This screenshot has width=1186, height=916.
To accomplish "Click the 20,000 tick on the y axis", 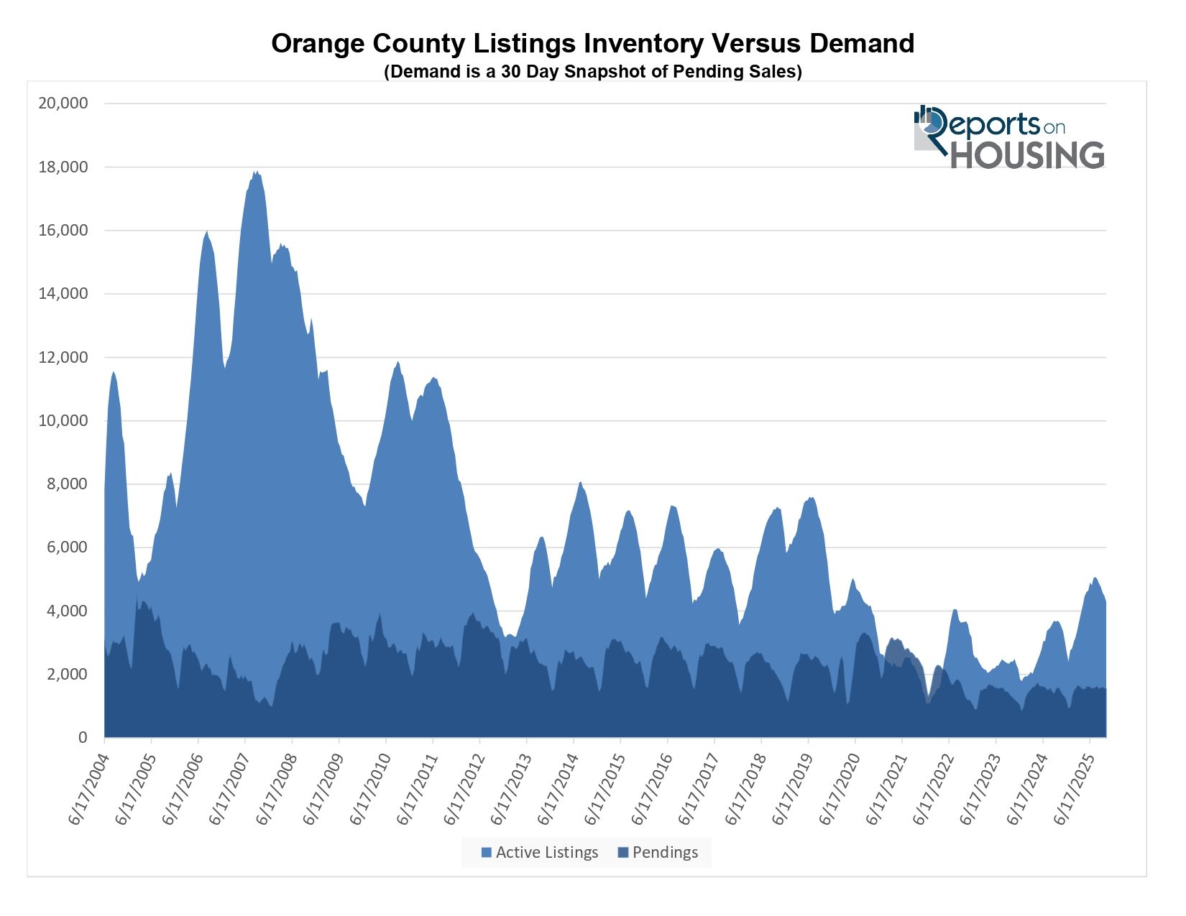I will [63, 103].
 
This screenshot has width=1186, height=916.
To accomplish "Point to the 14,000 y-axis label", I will [63, 294].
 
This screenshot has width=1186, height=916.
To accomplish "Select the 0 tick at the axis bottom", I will [83, 738].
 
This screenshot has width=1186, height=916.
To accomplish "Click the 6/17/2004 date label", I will [88, 790].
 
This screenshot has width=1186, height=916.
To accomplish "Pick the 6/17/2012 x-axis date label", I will [464, 790].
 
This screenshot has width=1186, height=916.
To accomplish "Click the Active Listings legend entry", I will [540, 853].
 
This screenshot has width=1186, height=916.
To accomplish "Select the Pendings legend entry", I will [658, 853].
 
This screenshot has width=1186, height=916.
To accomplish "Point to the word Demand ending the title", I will [862, 44].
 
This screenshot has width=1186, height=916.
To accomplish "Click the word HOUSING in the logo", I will [1027, 156].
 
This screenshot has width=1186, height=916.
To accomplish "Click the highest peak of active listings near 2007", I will [256, 172].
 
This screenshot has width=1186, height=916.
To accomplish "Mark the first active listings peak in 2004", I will [114, 371].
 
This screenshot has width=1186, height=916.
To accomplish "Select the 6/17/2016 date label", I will [651, 790].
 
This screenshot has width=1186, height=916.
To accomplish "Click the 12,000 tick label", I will [63, 358].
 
